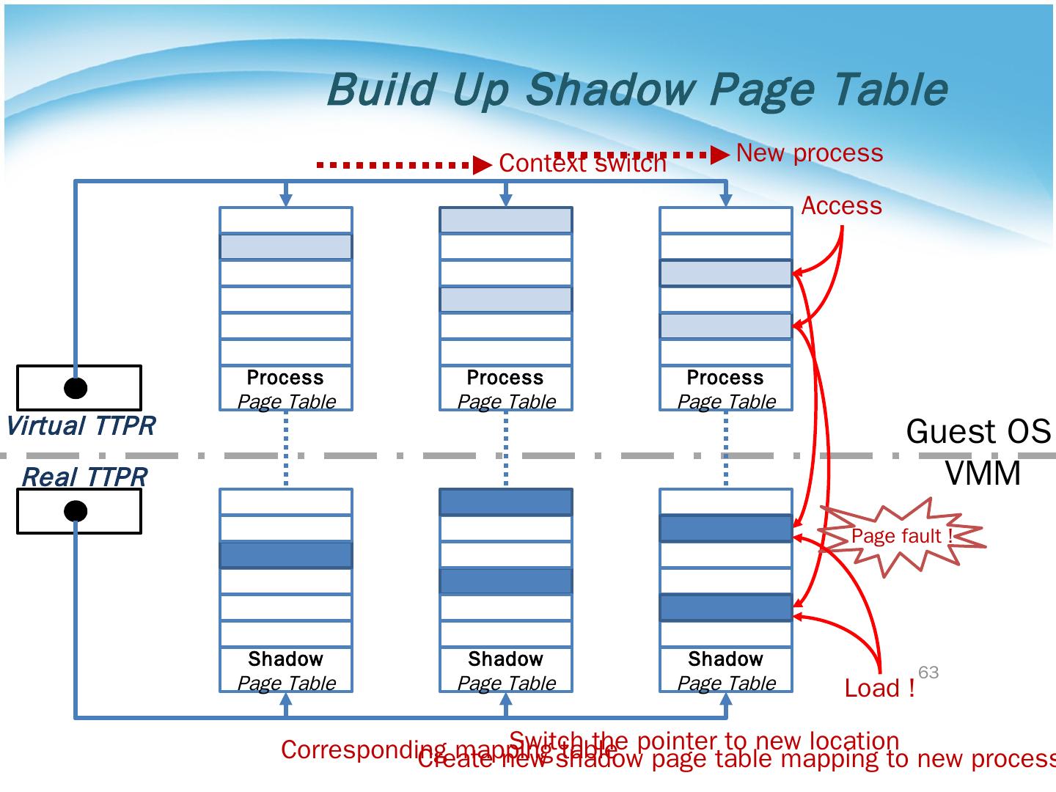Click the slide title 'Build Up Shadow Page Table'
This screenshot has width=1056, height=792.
click(637, 89)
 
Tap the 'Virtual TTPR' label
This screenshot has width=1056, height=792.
click(81, 426)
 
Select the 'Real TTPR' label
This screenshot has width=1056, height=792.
click(84, 477)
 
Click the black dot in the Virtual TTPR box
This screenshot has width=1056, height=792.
click(76, 387)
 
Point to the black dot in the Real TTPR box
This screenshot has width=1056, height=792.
click(76, 511)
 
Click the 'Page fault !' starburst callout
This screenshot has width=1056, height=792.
click(901, 537)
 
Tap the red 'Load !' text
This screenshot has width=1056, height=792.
click(879, 689)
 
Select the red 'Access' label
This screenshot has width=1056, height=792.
click(841, 206)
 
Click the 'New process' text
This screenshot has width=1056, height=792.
click(809, 153)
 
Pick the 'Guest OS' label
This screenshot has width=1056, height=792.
click(978, 431)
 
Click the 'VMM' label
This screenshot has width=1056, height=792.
click(983, 473)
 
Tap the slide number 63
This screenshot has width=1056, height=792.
click(928, 672)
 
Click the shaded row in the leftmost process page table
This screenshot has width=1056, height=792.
click(286, 246)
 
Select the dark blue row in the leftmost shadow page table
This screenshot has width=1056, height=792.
click(286, 555)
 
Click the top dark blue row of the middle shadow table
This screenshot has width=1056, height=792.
click(506, 502)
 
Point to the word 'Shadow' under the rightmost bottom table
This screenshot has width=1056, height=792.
click(725, 659)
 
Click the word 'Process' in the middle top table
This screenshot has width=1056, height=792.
click(505, 378)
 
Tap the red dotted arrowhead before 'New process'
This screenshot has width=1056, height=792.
click(721, 155)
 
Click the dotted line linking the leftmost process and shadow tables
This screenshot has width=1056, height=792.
click(286, 449)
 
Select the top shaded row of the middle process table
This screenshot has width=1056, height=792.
click(506, 220)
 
